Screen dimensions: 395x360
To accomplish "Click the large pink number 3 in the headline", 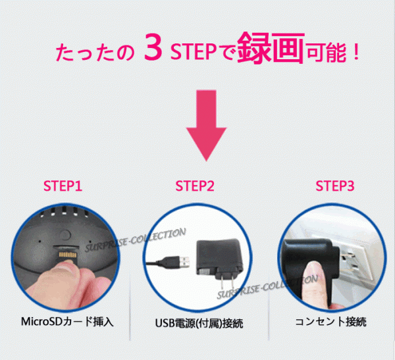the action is [153, 47].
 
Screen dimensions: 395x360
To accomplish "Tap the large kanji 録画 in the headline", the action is [271, 47].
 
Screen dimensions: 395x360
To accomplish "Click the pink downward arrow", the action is [206, 125].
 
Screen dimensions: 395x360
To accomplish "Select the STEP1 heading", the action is [63, 186].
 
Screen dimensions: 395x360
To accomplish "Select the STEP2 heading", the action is [195, 186].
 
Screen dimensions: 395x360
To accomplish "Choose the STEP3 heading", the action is [335, 186].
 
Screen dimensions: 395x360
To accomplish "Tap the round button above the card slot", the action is [65, 235].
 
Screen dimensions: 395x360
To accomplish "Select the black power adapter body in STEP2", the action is [219, 257].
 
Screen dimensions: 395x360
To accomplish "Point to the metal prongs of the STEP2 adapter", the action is [226, 282].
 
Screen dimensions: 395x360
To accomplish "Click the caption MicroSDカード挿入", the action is [67, 322].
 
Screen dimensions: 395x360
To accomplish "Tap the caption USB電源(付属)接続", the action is [199, 323].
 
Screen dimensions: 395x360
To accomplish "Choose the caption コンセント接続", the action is [330, 322].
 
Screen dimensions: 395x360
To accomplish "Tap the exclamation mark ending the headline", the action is [356, 51].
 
